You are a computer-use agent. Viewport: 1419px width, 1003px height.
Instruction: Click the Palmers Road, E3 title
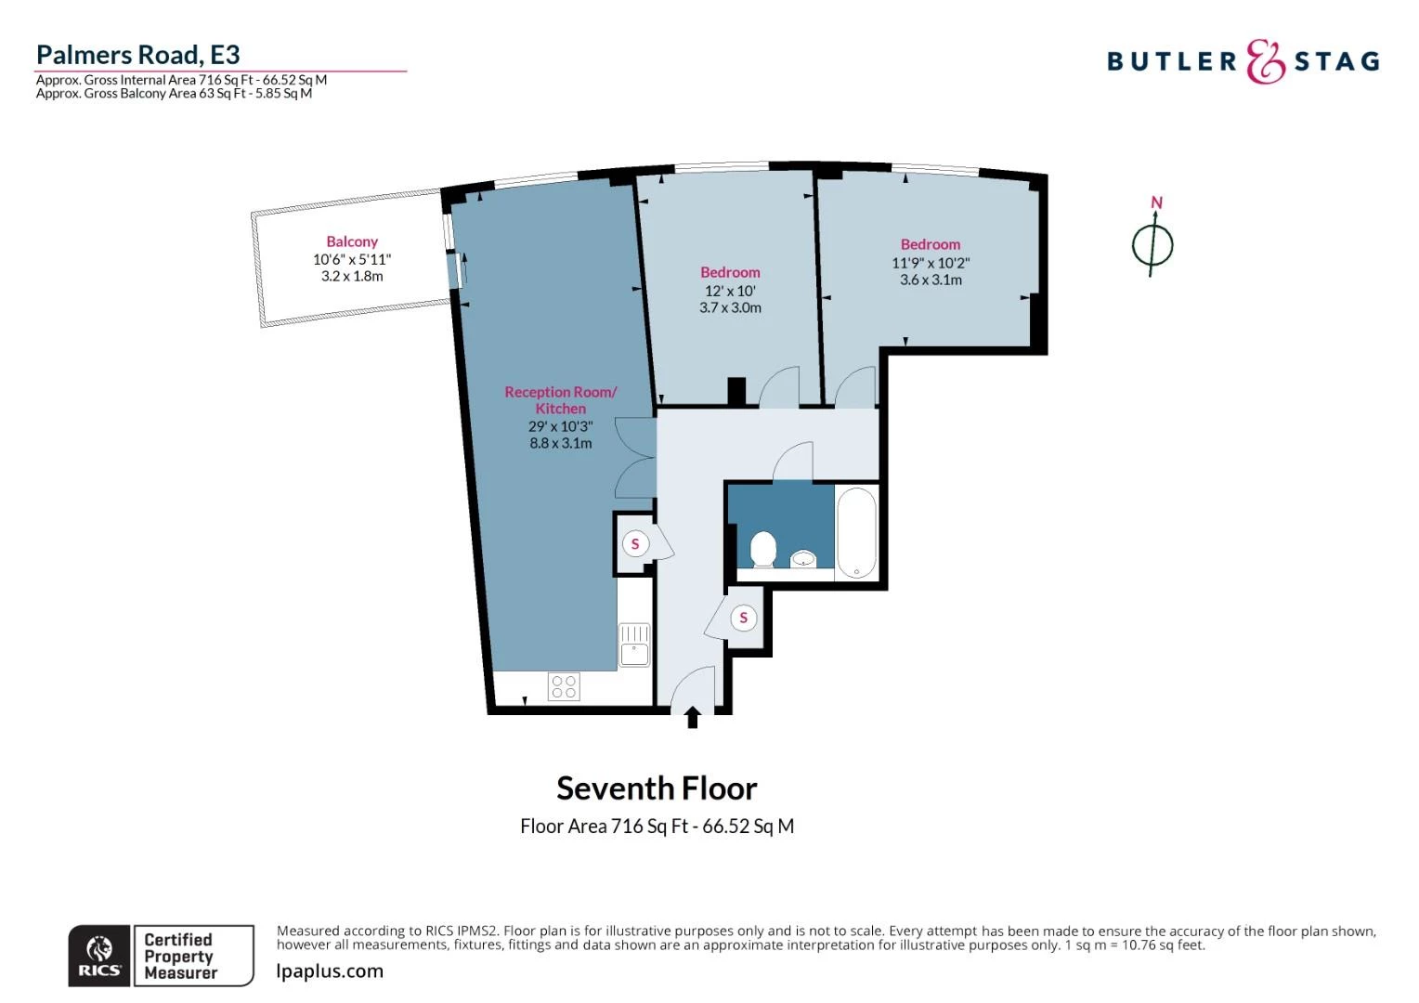137,55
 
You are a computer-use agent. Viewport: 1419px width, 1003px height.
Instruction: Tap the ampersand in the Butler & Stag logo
1265,62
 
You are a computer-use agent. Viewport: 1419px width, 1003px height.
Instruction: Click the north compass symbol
1152,244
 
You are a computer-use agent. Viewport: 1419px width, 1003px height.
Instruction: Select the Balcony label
352,241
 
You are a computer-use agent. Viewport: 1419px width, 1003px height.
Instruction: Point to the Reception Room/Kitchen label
560,400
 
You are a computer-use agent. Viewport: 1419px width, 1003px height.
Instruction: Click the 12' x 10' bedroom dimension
730,291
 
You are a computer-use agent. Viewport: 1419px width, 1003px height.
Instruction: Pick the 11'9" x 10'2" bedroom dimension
931,263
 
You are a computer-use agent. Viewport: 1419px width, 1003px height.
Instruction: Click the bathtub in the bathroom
855,533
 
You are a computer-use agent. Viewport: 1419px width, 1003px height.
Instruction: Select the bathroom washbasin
804,558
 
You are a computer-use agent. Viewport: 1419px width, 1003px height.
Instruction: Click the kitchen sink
635,645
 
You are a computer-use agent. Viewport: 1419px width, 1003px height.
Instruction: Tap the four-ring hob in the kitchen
564,686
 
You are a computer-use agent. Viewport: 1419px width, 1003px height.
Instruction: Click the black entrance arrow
692,717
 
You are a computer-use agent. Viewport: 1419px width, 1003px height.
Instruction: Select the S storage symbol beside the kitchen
635,544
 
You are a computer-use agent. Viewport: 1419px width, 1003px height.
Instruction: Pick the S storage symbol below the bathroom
743,618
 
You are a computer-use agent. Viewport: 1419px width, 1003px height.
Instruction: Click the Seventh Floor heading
657,788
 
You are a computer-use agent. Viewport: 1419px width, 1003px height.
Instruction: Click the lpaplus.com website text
330,971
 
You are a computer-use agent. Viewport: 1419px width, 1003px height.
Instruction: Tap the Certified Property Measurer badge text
180,956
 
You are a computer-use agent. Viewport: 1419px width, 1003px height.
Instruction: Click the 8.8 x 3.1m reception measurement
560,443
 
